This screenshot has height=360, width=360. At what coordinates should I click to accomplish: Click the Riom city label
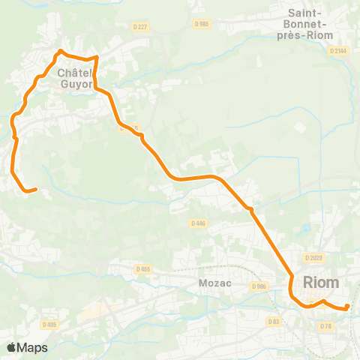[x=321, y=282]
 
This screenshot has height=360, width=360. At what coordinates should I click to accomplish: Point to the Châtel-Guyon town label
[x=74, y=79]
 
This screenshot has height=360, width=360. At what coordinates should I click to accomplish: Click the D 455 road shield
[x=144, y=268]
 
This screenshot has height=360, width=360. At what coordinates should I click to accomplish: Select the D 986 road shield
[x=259, y=286]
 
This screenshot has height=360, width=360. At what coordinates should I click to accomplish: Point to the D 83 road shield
[x=274, y=321]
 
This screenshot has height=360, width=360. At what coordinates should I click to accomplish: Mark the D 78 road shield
[x=325, y=325]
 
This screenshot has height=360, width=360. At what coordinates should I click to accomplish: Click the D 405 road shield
[x=50, y=324]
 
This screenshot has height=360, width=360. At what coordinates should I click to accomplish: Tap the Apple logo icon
[x=11, y=347]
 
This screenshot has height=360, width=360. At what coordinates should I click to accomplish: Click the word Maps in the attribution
[x=32, y=347]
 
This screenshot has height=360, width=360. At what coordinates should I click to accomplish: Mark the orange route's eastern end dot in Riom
[x=347, y=306]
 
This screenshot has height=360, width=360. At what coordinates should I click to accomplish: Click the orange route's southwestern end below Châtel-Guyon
[x=34, y=190]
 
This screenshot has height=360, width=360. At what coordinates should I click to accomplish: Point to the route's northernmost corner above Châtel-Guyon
[x=60, y=51]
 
